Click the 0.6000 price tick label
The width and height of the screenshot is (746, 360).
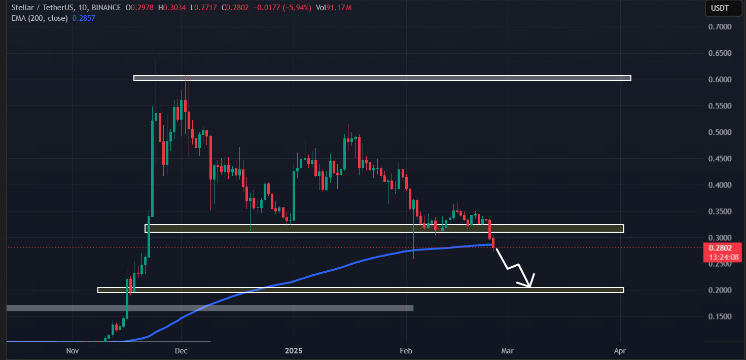[721, 80]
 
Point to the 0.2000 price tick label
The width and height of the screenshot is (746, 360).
[721, 290]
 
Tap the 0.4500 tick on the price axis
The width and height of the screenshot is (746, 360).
[721, 159]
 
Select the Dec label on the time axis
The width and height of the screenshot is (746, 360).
[181, 350]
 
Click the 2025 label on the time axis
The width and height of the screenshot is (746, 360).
[294, 350]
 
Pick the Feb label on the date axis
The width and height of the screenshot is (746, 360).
[406, 350]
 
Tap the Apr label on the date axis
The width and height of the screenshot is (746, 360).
[620, 350]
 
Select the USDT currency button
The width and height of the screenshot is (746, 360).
[720, 8]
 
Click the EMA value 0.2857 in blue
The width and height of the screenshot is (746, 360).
[85, 18]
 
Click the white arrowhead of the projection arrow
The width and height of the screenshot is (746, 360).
[530, 284]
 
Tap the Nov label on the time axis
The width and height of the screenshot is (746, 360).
[73, 350]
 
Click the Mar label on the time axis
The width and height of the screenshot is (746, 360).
[508, 350]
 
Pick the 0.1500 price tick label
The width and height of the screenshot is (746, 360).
[721, 316]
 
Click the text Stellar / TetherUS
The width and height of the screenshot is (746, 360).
[39, 8]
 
